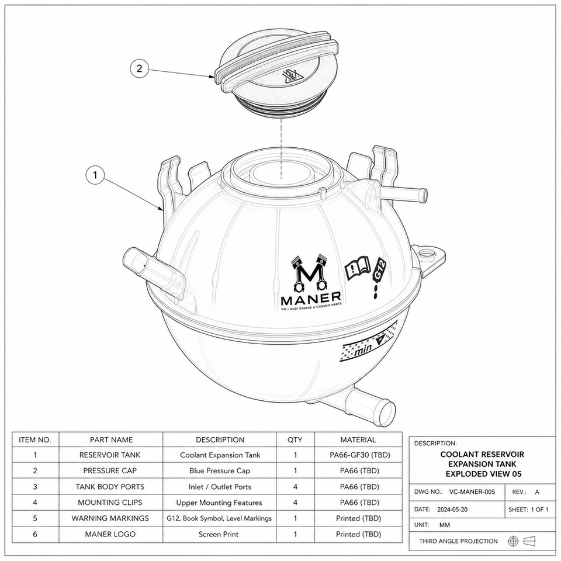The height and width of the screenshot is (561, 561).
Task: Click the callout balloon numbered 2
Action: coord(139,68)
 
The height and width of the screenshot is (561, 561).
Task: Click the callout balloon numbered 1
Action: coord(95,175)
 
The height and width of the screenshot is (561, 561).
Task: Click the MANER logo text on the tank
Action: coord(311,297)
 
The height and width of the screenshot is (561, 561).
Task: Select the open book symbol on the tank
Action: coord(357,268)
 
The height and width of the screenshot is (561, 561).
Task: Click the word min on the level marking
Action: coord(363,350)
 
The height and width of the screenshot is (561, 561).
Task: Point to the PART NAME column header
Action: coord(111,439)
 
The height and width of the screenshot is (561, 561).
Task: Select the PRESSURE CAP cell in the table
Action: coord(110,471)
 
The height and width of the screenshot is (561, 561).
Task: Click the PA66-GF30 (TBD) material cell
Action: coord(359,455)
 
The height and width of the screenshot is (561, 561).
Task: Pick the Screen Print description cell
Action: coord(218,534)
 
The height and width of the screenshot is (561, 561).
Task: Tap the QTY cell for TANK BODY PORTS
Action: coord(295,487)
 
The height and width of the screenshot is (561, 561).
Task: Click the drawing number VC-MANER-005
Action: coord(472,492)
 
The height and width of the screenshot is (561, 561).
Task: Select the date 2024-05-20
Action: coord(452,510)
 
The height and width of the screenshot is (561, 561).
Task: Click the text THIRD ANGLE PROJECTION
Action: coord(458,541)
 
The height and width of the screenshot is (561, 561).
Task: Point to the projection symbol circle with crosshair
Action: coord(513,541)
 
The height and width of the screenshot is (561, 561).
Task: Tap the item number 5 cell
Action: coord(35,518)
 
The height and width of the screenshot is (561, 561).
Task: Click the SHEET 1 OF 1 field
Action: coord(528,510)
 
